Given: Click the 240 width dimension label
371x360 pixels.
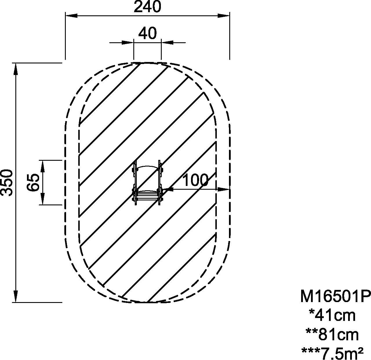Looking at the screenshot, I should (x=147, y=7).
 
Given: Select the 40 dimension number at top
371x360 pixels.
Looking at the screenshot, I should (x=147, y=33).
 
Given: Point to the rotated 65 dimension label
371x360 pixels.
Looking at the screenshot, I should (x=33, y=182).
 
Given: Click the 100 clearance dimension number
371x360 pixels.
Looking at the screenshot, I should (x=195, y=180).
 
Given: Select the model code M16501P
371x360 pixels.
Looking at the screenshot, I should (x=335, y=296).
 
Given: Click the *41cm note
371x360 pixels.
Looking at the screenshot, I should (x=332, y=315).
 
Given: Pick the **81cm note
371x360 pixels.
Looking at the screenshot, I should (x=332, y=335).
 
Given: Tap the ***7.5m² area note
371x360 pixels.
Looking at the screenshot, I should (x=332, y=353).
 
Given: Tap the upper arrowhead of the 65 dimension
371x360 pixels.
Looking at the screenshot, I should (x=43, y=165).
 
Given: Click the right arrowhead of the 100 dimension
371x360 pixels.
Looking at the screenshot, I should (x=225, y=189).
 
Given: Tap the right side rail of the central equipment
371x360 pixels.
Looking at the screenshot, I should (x=159, y=182).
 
